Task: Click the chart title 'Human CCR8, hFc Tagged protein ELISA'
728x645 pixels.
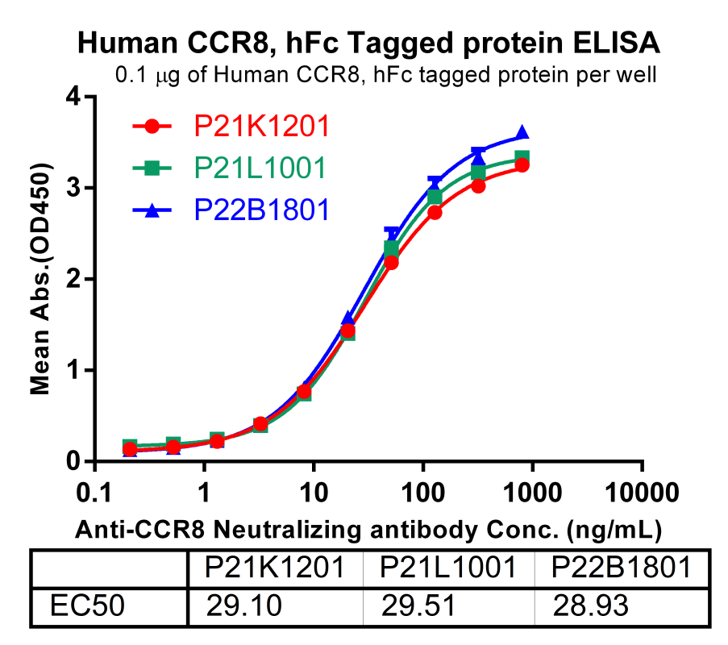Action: coord(368,43)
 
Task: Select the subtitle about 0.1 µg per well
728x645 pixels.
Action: coord(387,76)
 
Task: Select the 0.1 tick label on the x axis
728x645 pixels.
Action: coord(96,493)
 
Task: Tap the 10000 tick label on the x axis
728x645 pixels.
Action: coord(642,493)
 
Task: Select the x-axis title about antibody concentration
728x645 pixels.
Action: coord(368,530)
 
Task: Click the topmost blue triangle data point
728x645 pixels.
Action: coord(522,132)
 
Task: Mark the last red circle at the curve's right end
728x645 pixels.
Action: coord(522,164)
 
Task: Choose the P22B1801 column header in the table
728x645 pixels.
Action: coord(622,569)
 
